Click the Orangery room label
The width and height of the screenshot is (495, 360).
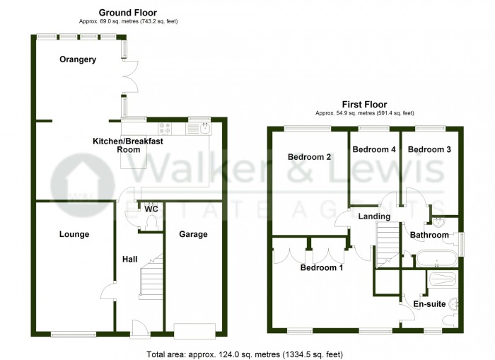click(x=78, y=59)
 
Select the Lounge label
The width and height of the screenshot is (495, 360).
click(x=74, y=234)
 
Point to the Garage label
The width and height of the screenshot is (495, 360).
click(x=192, y=234)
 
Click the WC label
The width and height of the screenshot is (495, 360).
click(x=150, y=209)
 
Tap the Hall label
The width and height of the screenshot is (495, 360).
click(x=129, y=260)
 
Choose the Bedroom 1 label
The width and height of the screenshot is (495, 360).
click(x=322, y=268)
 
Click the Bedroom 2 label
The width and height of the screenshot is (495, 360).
click(x=310, y=156)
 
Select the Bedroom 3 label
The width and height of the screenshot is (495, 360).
click(x=429, y=149)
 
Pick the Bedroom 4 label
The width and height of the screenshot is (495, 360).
click(x=374, y=149)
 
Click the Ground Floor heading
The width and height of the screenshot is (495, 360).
click(x=128, y=13)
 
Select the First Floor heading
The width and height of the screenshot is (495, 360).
click(x=364, y=104)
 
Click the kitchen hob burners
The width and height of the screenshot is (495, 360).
click(x=165, y=128)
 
